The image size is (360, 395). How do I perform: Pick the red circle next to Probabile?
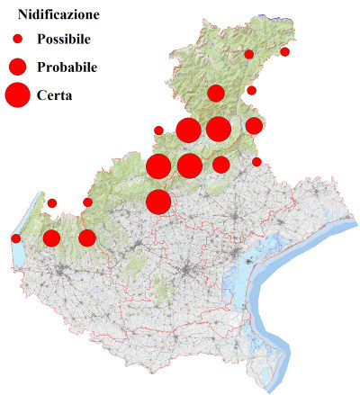click(17, 67)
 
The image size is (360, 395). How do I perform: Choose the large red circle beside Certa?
click(17, 94)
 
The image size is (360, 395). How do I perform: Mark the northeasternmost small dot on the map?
click(285, 51)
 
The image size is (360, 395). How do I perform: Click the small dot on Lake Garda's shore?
click(16, 238)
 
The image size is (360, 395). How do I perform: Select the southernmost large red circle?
click(157, 202)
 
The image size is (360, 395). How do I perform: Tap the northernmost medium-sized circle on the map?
click(216, 93)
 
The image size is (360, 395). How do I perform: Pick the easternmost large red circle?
click(218, 130)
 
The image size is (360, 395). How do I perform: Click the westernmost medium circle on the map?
click(51, 238)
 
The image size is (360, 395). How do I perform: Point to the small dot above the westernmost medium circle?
click(52, 203)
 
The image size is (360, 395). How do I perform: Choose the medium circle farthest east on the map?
click(254, 125)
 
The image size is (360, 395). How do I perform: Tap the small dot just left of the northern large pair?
click(159, 130)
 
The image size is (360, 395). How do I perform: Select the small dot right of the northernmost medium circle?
click(252, 90)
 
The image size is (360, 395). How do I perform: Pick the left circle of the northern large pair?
click(188, 130)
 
